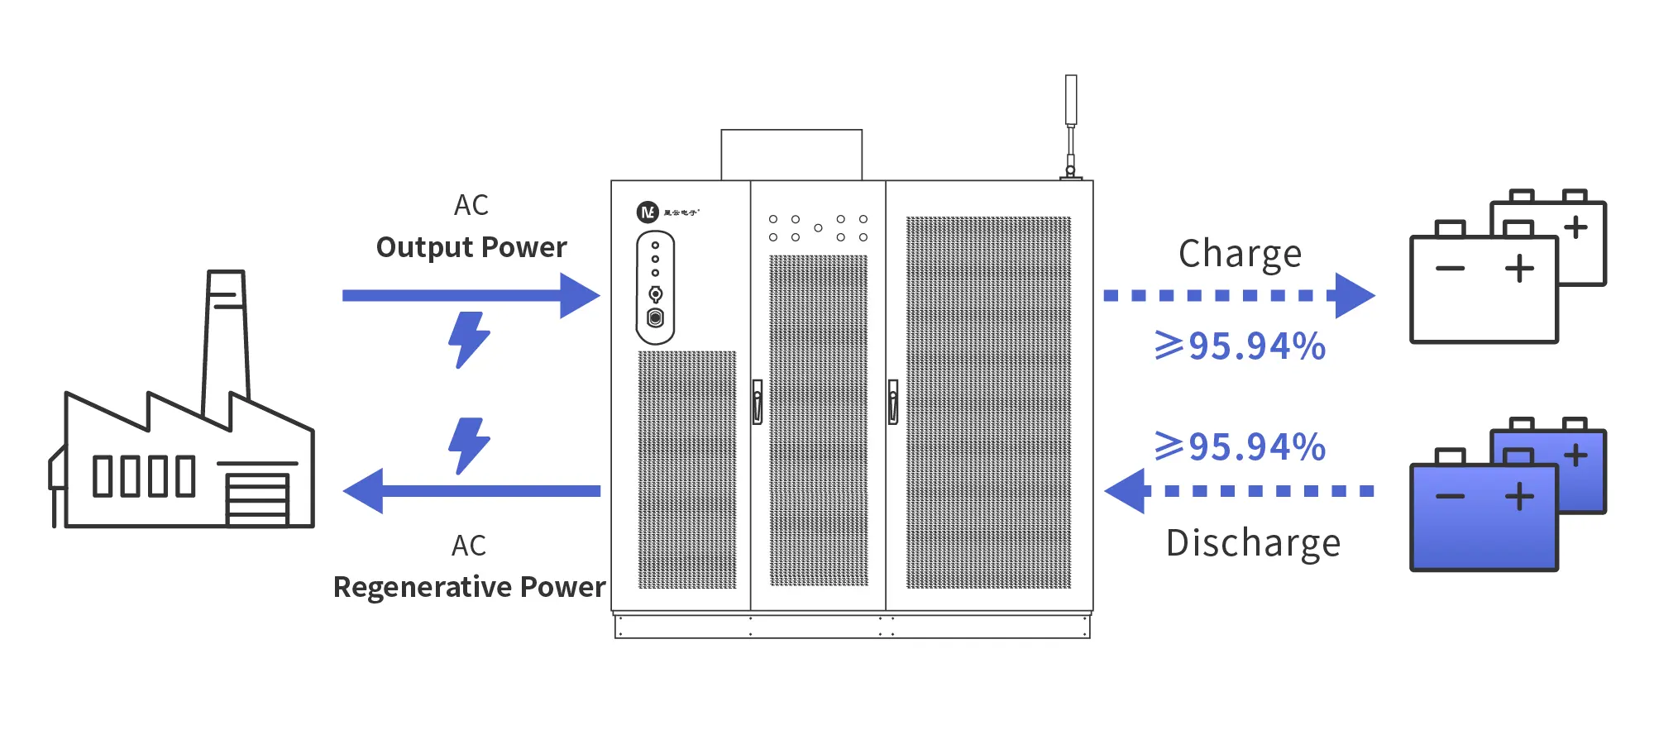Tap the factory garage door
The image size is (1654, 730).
257,498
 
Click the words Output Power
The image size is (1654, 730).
471,247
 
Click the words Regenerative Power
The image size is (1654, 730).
469,587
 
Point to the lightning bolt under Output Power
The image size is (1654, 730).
468,339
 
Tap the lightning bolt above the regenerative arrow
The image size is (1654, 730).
468,445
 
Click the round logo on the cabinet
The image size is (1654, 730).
647,212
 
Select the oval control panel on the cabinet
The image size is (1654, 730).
655,287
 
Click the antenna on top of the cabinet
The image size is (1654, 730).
1071,124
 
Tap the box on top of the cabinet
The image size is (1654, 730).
791,155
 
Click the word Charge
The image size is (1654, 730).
1240,254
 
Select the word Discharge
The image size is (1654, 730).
1253,543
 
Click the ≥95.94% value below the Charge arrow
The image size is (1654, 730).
1240,346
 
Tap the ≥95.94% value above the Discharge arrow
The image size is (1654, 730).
1240,447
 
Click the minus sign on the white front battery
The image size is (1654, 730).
1450,269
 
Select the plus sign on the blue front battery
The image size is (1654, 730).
1519,497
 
